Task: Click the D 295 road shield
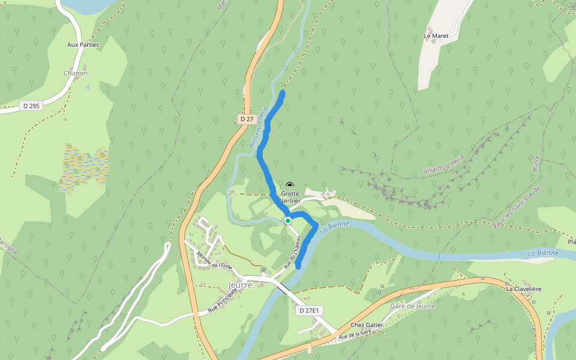(x=31, y=106)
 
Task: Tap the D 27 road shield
(x=246, y=119)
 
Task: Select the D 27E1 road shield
(x=310, y=310)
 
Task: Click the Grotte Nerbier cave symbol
(x=290, y=186)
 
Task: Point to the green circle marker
(x=288, y=221)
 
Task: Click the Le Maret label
(x=436, y=36)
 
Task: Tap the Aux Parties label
(x=83, y=44)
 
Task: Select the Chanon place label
(x=76, y=73)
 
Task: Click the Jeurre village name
(x=240, y=285)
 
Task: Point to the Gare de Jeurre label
(x=412, y=306)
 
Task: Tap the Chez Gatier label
(x=367, y=325)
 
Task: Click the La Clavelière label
(x=523, y=289)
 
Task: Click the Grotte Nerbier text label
(x=290, y=197)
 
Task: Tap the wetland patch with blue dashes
(x=85, y=167)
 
